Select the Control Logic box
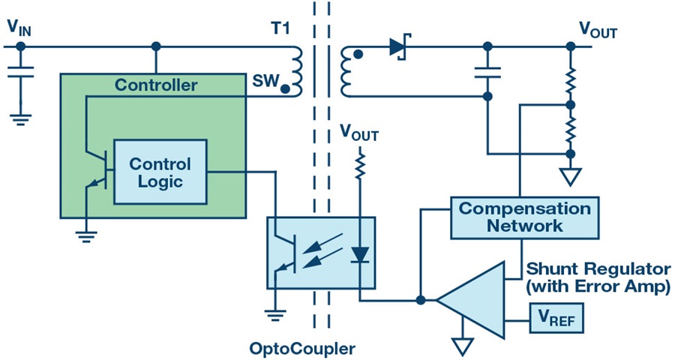pyautogui.click(x=160, y=172)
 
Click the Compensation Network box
pyautogui.click(x=524, y=217)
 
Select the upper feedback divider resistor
pyautogui.click(x=571, y=77)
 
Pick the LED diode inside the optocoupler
pyautogui.click(x=360, y=254)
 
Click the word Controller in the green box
pyautogui.click(x=155, y=85)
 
